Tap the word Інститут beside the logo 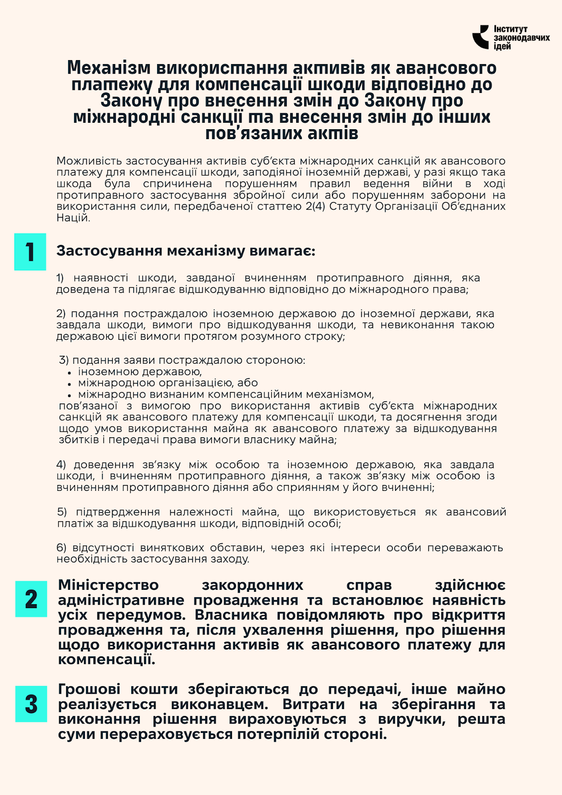point(510,29)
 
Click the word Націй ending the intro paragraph point(73,218)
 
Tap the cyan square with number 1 point(30,252)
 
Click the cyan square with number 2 point(31,599)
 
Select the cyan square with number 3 point(31,704)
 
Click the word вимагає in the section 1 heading point(282,251)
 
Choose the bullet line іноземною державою point(140,372)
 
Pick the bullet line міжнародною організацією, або point(168,383)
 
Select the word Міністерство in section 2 point(108,585)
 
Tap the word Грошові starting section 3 point(89,690)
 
